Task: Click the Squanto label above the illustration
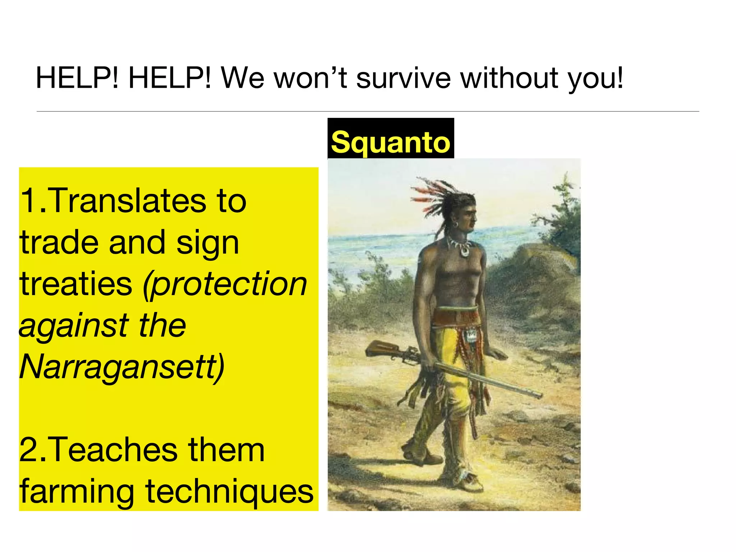[390, 142]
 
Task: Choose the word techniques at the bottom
[229, 492]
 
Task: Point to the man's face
[469, 217]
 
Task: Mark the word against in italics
[72, 326]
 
